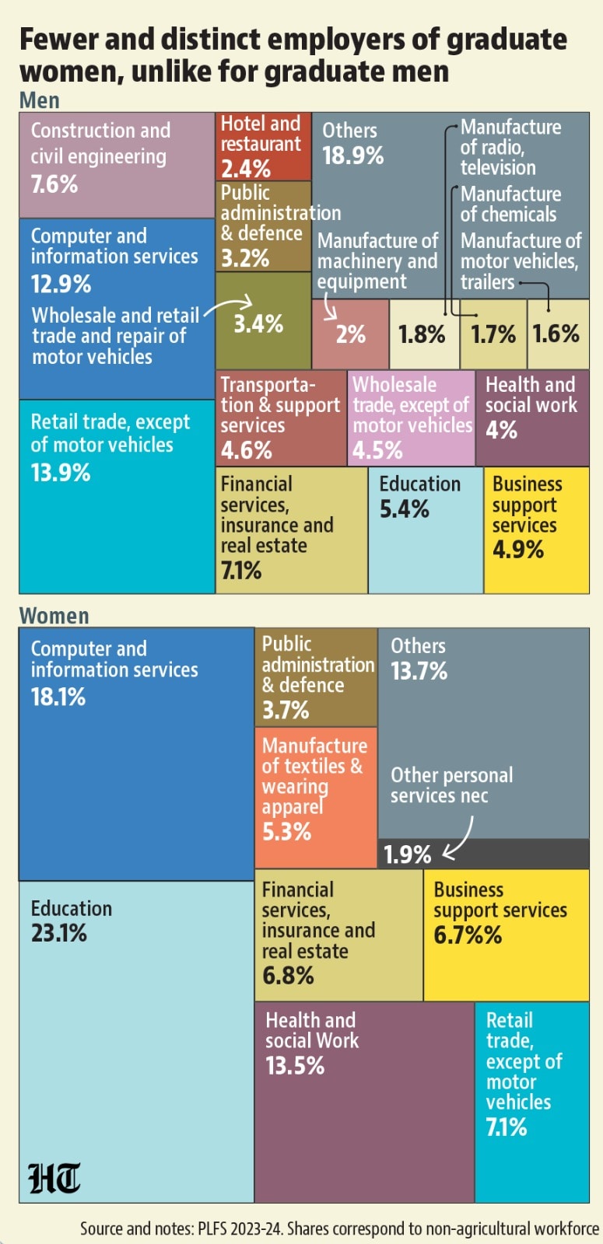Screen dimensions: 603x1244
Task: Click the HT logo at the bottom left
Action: pyautogui.click(x=54, y=1178)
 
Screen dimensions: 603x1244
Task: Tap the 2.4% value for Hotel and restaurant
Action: pyautogui.click(x=246, y=168)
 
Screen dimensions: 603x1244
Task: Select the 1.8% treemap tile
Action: pyautogui.click(x=424, y=334)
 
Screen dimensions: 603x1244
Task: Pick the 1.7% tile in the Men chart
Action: pyautogui.click(x=493, y=334)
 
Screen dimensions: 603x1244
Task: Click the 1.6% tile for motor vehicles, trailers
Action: pyautogui.click(x=558, y=334)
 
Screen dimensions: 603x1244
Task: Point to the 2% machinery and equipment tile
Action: pyautogui.click(x=350, y=334)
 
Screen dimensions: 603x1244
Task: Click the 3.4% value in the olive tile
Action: pyautogui.click(x=258, y=323)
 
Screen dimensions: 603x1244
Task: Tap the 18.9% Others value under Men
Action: pyautogui.click(x=353, y=155)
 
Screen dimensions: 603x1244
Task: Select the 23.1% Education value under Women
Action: pyautogui.click(x=59, y=933)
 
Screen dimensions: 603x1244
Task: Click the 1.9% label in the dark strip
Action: pyautogui.click(x=408, y=854)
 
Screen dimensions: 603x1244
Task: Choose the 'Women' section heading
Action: pyautogui.click(x=54, y=616)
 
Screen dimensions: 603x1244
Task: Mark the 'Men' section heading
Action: pyautogui.click(x=40, y=100)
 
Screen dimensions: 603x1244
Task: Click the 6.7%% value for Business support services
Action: pyautogui.click(x=468, y=935)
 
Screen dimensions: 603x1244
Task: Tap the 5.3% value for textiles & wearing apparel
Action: pyautogui.click(x=287, y=831)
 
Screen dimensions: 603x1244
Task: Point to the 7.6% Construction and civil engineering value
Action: pyautogui.click(x=54, y=183)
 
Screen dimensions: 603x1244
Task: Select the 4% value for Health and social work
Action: pyautogui.click(x=501, y=430)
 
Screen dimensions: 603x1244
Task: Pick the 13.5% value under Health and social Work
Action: pyautogui.click(x=295, y=1066)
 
